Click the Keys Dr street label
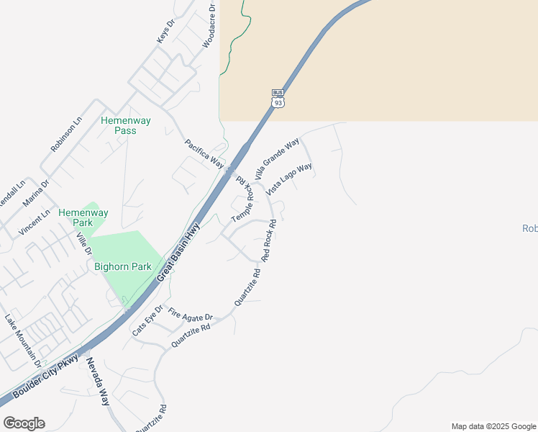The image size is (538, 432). click(166, 31)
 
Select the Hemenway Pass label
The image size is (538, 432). click(126, 125)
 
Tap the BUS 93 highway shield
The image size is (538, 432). click(278, 98)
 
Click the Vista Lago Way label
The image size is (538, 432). click(289, 179)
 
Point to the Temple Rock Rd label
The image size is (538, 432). click(243, 202)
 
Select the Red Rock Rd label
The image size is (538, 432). click(269, 240)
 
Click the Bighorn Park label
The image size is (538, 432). click(123, 266)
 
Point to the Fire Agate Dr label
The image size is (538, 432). click(191, 315)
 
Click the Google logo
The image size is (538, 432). click(24, 423)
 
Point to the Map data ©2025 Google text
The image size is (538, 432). click(493, 426)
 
